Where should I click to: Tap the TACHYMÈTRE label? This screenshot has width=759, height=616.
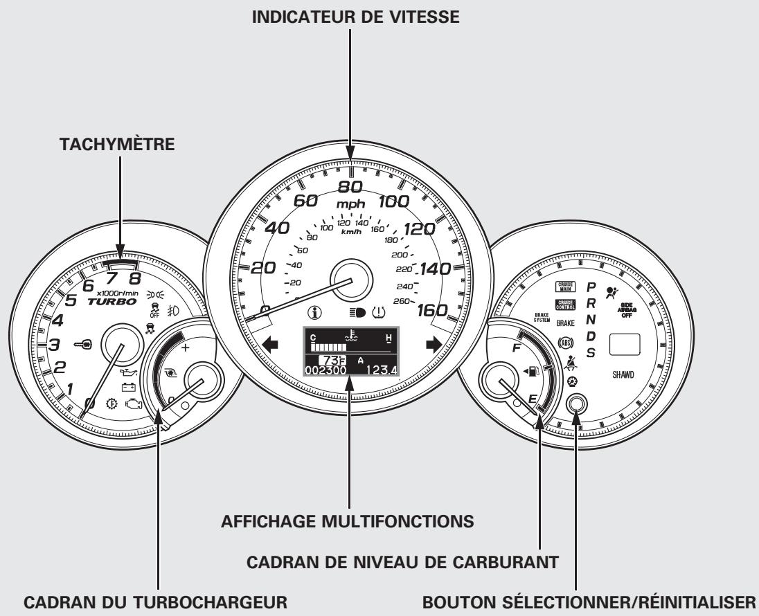coord(120,146)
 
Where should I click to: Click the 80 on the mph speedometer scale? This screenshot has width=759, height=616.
coord(350,187)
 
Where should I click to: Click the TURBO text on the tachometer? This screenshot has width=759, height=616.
coord(111,302)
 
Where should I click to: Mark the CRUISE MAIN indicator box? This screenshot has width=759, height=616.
coord(564,286)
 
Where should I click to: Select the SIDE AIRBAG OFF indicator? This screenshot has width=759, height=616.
coord(629,311)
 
